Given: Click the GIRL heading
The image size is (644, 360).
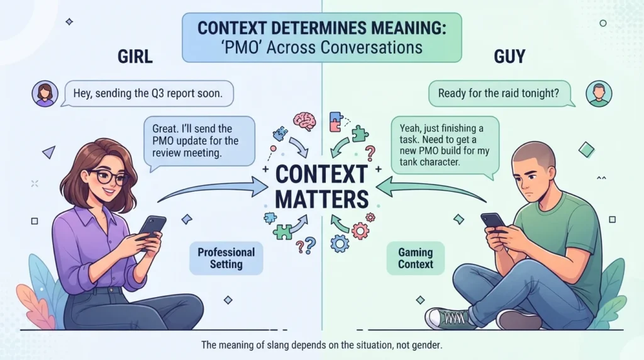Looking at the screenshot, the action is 135,57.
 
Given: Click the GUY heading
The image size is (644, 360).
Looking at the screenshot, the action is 509,57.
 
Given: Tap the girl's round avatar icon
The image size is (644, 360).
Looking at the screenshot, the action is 45,94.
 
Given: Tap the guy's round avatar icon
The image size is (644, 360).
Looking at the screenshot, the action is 599,94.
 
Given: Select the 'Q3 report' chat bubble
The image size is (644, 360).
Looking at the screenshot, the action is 148,94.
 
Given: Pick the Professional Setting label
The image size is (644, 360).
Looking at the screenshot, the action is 226,258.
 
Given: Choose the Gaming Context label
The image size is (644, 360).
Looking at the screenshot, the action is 416,258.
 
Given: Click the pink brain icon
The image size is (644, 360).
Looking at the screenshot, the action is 304,121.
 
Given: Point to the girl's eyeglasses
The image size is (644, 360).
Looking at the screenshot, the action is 108,177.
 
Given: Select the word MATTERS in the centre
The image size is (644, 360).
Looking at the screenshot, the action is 321,200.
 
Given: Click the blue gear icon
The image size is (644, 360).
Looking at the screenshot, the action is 340,244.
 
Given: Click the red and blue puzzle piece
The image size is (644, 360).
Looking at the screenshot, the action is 336,122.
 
